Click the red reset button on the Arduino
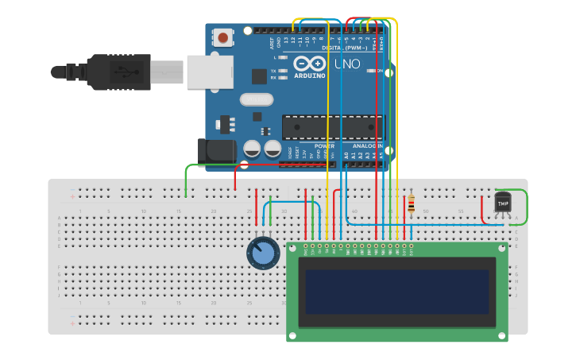click(x=224, y=37)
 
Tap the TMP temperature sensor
click(x=502, y=203)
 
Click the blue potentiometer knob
click(x=262, y=254)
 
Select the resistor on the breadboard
click(x=411, y=205)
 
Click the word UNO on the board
click(x=346, y=64)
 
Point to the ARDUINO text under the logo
click(x=310, y=75)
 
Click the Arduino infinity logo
click(x=310, y=64)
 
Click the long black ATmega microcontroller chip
click(x=331, y=127)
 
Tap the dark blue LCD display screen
click(x=397, y=292)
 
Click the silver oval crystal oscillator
click(x=256, y=100)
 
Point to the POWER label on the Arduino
click(x=324, y=146)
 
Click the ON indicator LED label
click(x=380, y=71)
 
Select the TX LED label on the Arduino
click(x=273, y=71)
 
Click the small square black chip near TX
click(x=259, y=75)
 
